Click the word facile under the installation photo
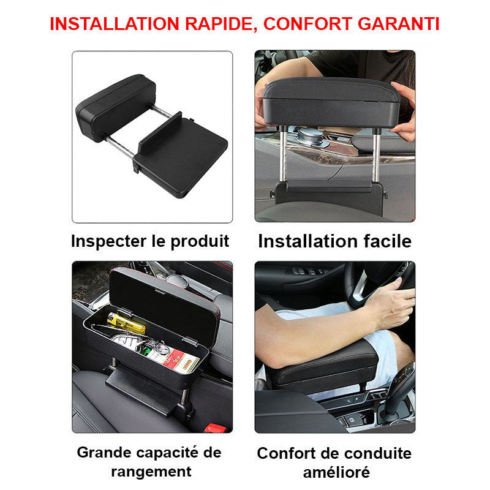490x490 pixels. [x=385, y=241]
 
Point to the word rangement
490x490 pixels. [x=151, y=471]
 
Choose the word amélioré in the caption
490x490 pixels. [x=336, y=472]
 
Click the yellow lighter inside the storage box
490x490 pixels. [x=126, y=322]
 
